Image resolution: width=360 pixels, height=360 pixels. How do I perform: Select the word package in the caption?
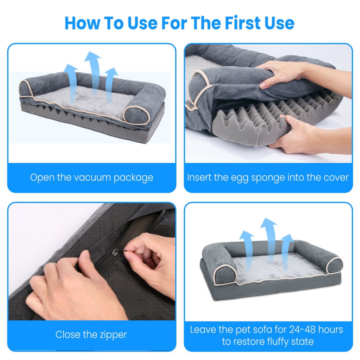(x=134, y=177)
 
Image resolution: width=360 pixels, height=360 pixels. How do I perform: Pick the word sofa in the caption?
(x=267, y=329)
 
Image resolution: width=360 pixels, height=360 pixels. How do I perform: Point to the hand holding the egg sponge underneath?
(x=300, y=135)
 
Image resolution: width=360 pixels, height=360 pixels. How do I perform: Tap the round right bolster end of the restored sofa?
(x=333, y=265)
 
